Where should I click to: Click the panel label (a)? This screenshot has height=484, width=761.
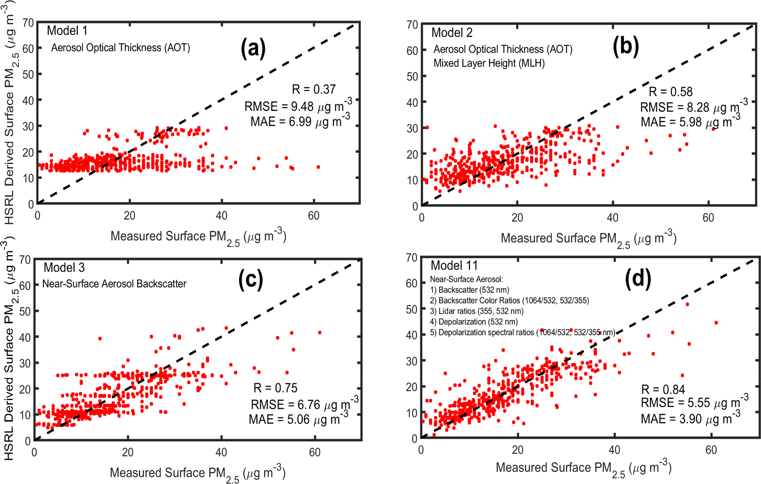tap(253, 48)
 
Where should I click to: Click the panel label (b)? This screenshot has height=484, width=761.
tap(626, 47)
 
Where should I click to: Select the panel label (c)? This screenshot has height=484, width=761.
tap(251, 280)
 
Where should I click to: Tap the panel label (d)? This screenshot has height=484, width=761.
tap(638, 278)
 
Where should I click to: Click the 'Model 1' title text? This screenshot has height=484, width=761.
tap(67, 31)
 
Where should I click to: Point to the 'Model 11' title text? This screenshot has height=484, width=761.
tap(454, 265)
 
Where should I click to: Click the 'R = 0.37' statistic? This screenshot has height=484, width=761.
tap(314, 89)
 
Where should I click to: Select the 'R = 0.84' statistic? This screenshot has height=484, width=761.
tap(663, 389)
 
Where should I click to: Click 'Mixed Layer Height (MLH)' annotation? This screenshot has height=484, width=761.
tap(489, 63)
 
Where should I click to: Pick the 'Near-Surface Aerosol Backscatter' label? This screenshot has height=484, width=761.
tap(114, 284)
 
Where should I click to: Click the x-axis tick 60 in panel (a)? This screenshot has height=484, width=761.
tap(314, 216)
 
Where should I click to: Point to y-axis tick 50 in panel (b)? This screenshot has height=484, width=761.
tap(412, 77)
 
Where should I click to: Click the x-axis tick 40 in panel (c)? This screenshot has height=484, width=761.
tap(221, 452)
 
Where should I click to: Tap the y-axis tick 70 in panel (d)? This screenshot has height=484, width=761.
tap(412, 258)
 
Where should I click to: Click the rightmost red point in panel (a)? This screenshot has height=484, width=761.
tap(318, 167)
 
